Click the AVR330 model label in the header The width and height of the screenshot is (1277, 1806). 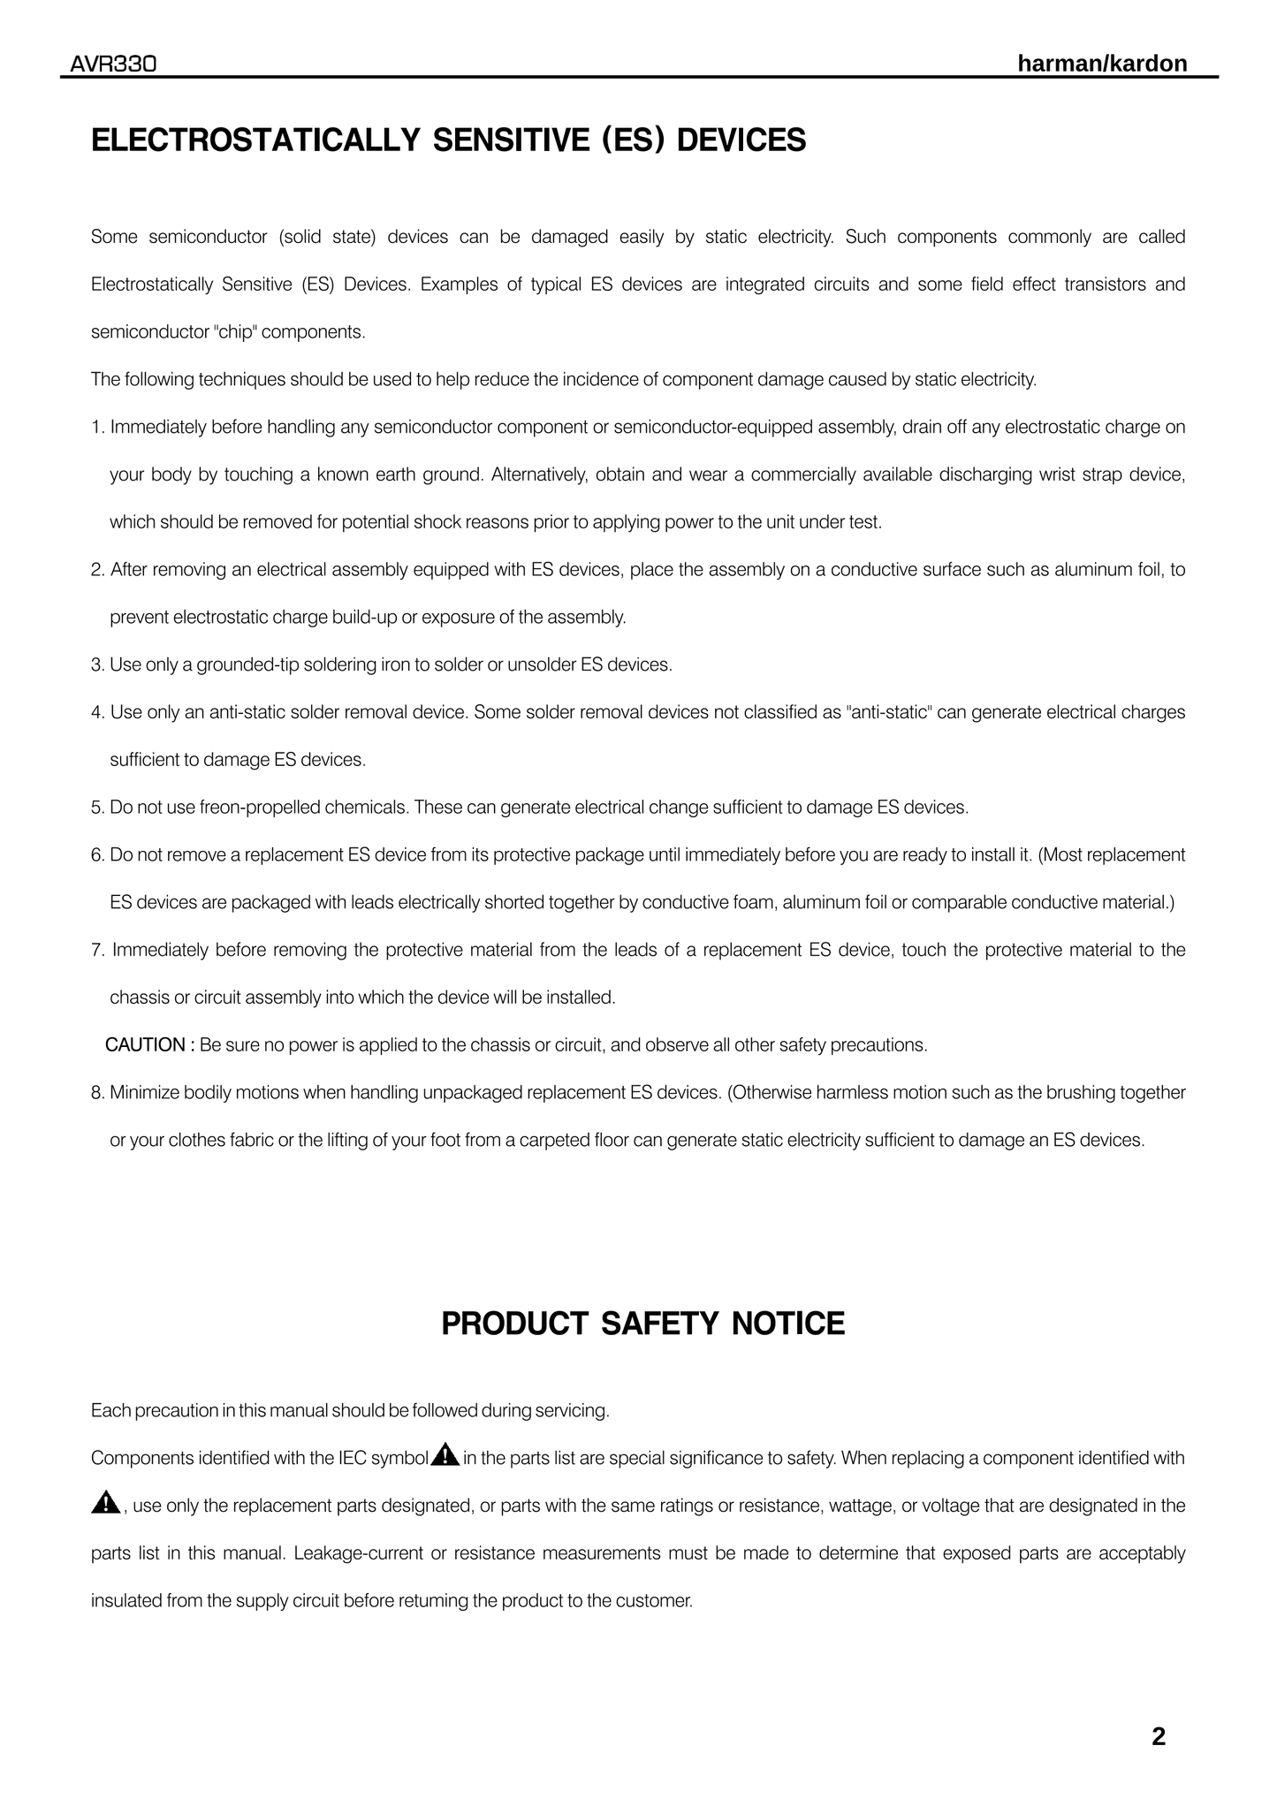point(114,64)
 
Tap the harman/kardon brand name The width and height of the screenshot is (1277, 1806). point(1102,64)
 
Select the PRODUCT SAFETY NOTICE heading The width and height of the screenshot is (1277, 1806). point(642,1324)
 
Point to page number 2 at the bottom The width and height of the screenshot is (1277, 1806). point(1159,1737)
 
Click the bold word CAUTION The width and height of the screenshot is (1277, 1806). point(146,1045)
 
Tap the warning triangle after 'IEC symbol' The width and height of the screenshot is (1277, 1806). point(445,1454)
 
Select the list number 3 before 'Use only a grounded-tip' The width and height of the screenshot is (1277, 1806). point(96,664)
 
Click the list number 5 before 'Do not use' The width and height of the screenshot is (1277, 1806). point(96,808)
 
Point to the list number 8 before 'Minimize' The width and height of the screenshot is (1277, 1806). point(96,1093)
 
